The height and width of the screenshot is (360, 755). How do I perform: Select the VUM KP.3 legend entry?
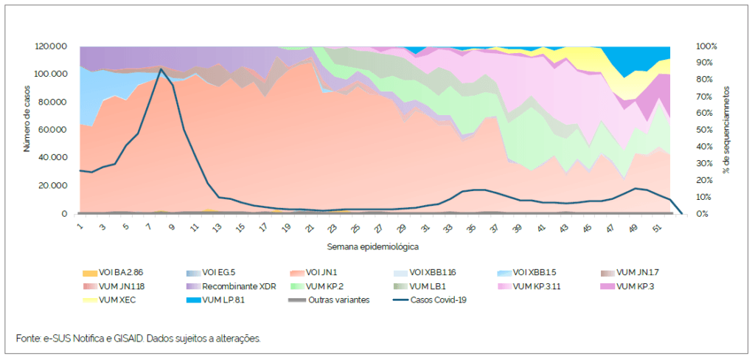pos(635,286)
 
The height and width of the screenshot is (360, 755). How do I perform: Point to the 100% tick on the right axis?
pos(706,46)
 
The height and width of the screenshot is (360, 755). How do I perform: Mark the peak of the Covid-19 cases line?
pos(161,69)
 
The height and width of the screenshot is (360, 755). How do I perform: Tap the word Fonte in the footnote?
pos(28,339)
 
